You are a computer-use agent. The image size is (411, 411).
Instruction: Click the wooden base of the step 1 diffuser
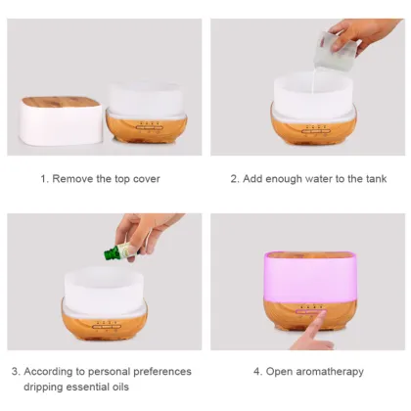point(146,127)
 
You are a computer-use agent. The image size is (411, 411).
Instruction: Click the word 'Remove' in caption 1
point(74,179)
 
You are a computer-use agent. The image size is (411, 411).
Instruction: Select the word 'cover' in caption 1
point(145,179)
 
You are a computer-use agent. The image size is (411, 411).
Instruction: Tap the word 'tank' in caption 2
point(373,179)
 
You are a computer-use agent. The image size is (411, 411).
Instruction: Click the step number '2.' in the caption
point(235,179)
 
